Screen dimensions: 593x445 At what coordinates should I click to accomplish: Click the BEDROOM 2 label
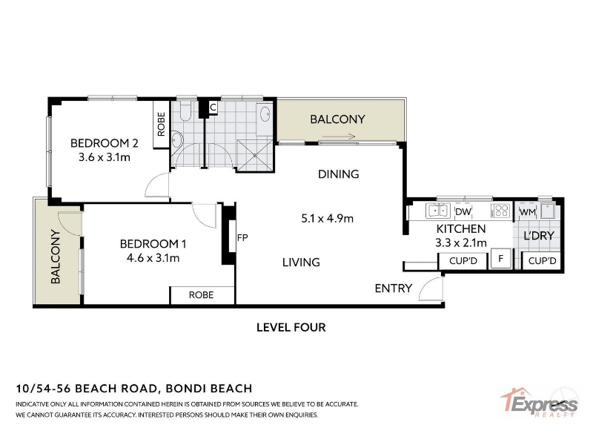click(105, 143)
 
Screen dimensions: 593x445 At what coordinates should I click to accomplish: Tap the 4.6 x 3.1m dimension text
click(153, 258)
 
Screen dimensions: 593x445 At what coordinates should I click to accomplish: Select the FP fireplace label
click(242, 237)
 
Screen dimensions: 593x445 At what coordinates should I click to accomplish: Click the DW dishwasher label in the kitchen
click(463, 211)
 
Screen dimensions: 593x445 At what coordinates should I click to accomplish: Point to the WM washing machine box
click(527, 212)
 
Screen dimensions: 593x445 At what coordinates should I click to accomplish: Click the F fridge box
click(501, 259)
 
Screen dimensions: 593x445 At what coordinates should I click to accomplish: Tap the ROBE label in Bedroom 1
click(201, 294)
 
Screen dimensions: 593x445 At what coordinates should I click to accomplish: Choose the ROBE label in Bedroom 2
click(161, 124)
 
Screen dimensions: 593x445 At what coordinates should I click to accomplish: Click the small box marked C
click(213, 108)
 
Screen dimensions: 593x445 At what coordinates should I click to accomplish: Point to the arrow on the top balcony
click(339, 136)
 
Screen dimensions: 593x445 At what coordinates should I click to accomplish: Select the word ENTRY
click(394, 289)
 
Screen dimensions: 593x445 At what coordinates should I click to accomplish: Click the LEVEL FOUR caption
click(291, 327)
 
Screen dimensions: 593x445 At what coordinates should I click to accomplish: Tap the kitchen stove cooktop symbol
click(501, 211)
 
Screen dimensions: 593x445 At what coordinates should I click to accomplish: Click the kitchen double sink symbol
click(438, 211)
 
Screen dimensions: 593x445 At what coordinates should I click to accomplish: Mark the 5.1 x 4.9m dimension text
click(328, 218)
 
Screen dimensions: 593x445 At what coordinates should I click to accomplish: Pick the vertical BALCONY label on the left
click(56, 257)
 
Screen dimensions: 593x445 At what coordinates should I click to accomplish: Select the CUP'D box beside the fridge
click(463, 261)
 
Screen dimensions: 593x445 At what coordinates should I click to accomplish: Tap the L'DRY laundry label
click(539, 236)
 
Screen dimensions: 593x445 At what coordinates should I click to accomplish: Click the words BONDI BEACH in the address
click(209, 389)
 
